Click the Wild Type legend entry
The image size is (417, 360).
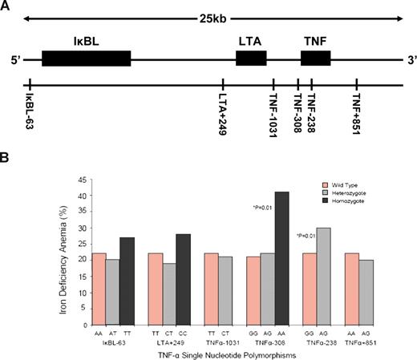pos(349,184)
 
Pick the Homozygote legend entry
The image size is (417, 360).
pos(350,204)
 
